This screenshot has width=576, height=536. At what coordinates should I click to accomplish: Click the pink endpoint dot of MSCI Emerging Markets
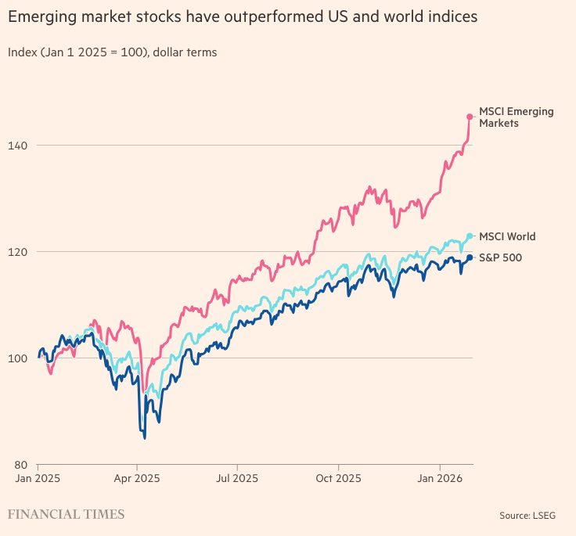pyautogui.click(x=470, y=117)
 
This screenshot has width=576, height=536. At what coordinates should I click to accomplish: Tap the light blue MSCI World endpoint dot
pyautogui.click(x=470, y=236)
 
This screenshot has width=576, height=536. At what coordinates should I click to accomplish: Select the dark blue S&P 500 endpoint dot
pyautogui.click(x=470, y=257)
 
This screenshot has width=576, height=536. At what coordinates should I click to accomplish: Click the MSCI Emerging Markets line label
pyautogui.click(x=516, y=117)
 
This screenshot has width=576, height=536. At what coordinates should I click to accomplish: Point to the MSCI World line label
pyautogui.click(x=507, y=236)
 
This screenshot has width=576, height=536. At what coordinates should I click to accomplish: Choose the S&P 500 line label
pyautogui.click(x=500, y=257)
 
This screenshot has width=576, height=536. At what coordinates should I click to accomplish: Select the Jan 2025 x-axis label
pyautogui.click(x=38, y=477)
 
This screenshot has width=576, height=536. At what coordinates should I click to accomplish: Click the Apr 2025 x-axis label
pyautogui.click(x=137, y=477)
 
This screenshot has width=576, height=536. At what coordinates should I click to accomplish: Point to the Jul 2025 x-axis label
pyautogui.click(x=236, y=477)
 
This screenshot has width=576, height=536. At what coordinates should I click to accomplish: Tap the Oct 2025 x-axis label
pyautogui.click(x=337, y=477)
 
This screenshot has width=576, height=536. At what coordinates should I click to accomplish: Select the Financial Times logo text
pyautogui.click(x=66, y=514)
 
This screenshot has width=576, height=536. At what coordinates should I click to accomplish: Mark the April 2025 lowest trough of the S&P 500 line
pyautogui.click(x=145, y=437)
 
